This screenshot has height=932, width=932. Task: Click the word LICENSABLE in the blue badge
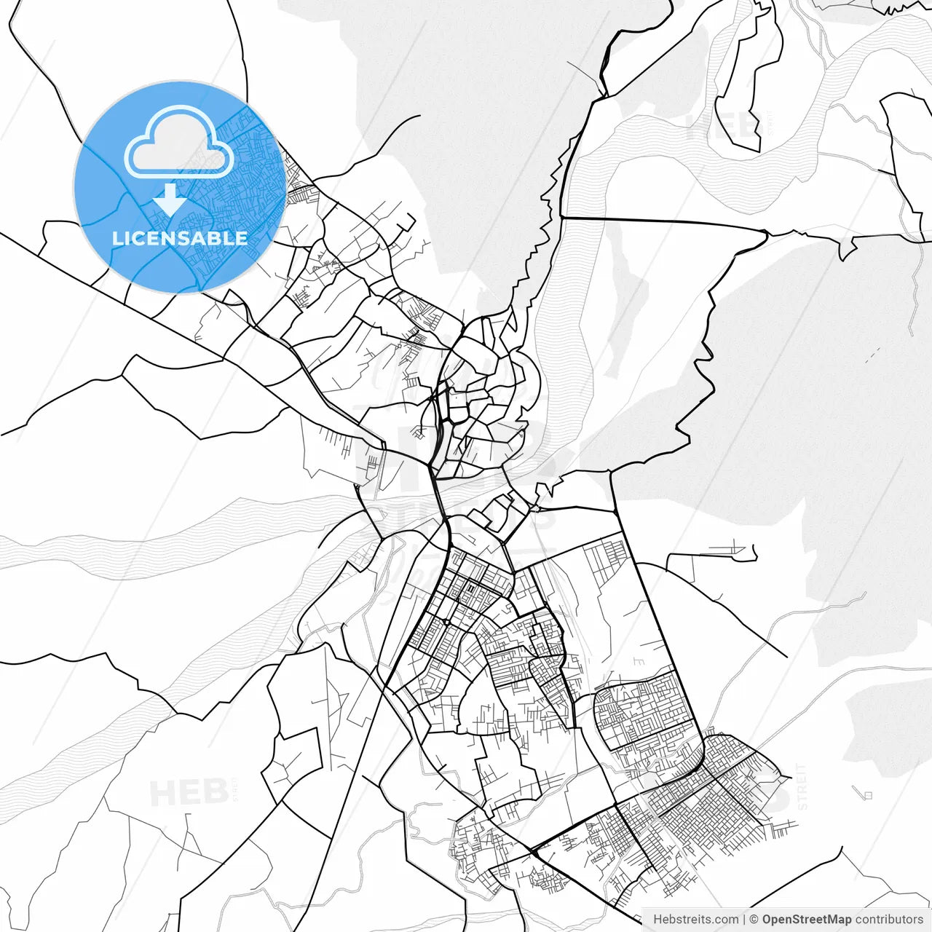pyautogui.click(x=180, y=238)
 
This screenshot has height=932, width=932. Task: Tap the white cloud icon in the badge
pyautogui.click(x=179, y=141)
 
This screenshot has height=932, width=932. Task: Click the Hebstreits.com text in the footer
pyautogui.click(x=695, y=920)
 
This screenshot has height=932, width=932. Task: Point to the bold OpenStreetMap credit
pyautogui.click(x=806, y=920)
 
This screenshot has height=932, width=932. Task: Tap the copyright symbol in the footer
pyautogui.click(x=754, y=920)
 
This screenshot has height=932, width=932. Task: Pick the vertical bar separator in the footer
pyautogui.click(x=743, y=920)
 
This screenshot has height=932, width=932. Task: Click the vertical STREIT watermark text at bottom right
pyautogui.click(x=802, y=786)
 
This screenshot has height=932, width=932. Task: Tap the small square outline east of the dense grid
pyautogui.click(x=866, y=794)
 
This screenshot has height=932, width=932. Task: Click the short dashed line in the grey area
pyautogui.click(x=872, y=355)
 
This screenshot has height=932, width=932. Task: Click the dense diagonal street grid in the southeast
pyautogui.click(x=699, y=815)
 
